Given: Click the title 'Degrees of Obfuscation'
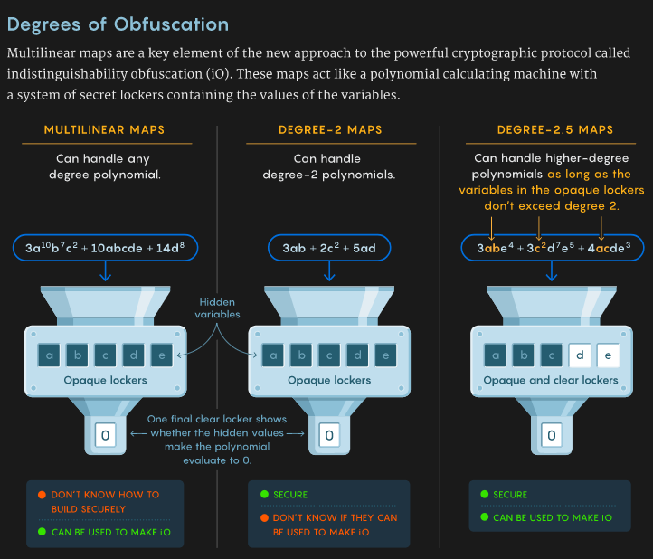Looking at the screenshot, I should point(118,24).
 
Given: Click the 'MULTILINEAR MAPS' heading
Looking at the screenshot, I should point(105,130).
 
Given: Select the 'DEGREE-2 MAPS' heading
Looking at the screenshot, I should point(329,130).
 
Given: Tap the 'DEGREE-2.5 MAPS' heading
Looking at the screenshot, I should point(554,130).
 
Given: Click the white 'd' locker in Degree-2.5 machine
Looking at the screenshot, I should point(581,355).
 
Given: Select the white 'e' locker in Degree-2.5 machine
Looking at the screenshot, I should point(608,355).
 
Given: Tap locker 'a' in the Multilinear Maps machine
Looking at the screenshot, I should point(50,355).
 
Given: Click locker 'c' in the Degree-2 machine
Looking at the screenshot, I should point(329,355).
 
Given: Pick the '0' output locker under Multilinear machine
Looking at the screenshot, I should point(105,436).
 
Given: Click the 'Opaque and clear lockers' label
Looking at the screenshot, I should point(551,380).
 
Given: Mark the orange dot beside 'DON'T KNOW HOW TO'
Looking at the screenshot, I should point(42,495).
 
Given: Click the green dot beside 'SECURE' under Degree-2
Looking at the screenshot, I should point(264,495).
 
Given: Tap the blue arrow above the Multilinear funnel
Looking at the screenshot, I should point(105,270).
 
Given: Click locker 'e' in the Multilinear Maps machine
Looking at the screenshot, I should point(161,355).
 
